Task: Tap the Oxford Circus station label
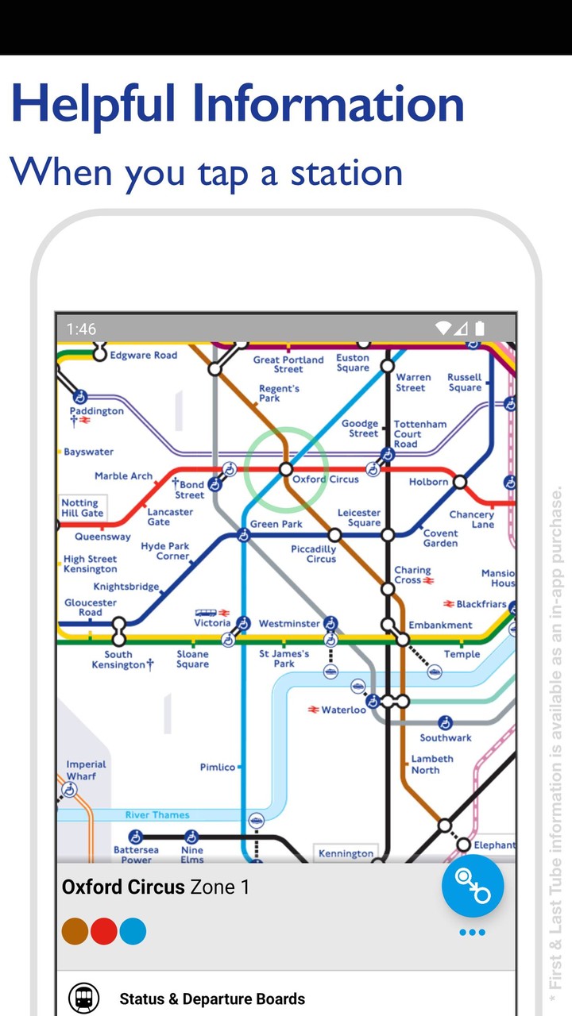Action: (x=325, y=479)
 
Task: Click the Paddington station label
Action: (x=96, y=411)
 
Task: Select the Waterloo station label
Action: (x=343, y=710)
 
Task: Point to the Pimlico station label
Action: (x=217, y=768)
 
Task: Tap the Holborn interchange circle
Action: (x=459, y=482)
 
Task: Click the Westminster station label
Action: (x=289, y=624)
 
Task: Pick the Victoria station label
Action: (x=212, y=623)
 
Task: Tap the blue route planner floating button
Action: (x=473, y=886)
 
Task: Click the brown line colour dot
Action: (x=75, y=931)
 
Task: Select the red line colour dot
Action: (x=104, y=931)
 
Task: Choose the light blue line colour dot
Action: (x=133, y=931)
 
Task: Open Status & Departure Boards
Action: (x=212, y=999)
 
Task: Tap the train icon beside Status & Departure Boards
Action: (x=83, y=998)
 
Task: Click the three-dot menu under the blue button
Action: (x=472, y=932)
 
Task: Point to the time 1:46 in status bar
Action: (x=81, y=329)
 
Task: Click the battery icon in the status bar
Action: (x=480, y=328)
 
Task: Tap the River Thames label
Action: (x=157, y=815)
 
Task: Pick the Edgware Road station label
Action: (x=143, y=355)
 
